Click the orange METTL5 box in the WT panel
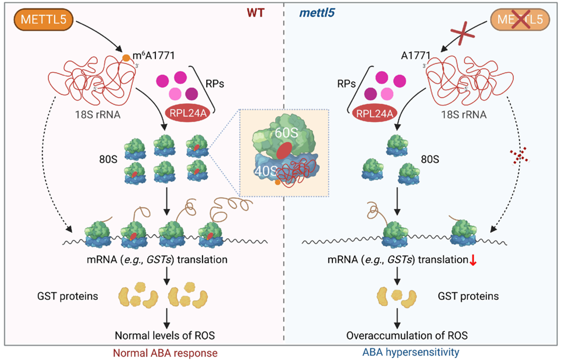point(43,21)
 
